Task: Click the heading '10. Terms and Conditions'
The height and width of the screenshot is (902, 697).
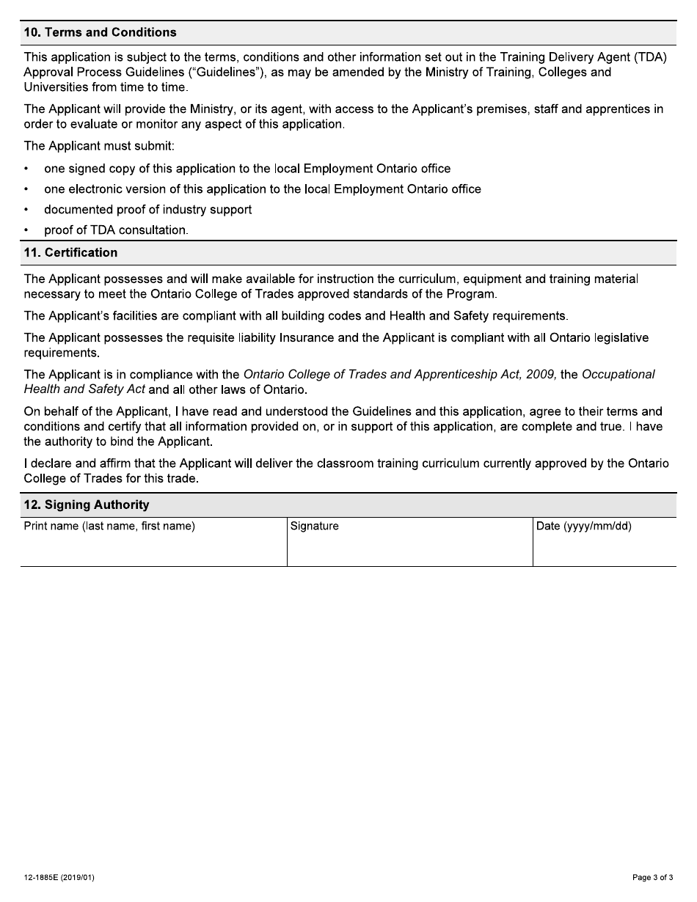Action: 100,32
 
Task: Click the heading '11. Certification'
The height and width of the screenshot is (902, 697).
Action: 70,252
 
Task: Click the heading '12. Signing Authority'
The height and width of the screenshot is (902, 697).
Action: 87,505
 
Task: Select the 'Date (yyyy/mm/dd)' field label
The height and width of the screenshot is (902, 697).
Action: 584,527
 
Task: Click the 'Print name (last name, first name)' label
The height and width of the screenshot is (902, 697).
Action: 109,527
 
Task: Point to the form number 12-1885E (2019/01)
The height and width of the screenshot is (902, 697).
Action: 59,878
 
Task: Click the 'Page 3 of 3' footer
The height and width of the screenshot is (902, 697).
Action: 652,878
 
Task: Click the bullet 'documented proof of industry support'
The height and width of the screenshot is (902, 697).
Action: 147,210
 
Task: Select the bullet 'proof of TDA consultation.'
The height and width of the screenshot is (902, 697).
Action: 116,230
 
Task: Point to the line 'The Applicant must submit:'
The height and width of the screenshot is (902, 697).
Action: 99,145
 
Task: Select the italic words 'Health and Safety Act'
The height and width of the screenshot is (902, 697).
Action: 84,389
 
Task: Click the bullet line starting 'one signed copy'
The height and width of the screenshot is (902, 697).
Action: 247,169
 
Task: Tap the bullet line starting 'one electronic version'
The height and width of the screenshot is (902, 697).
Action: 262,189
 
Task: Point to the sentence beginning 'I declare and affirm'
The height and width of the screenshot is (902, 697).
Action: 346,463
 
